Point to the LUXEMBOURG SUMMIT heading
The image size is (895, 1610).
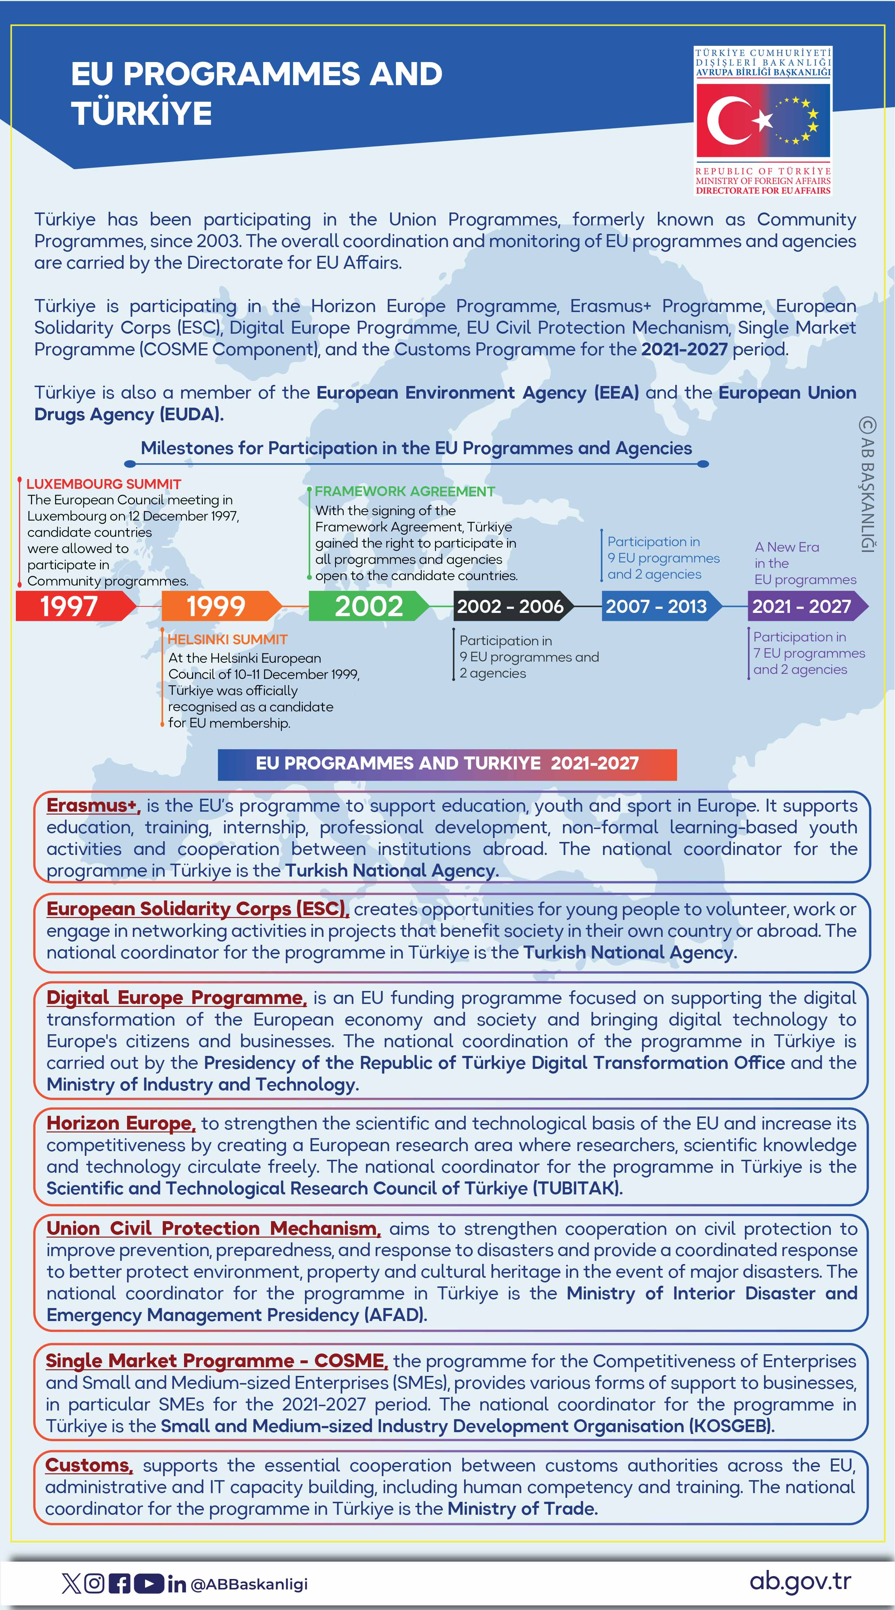click(104, 484)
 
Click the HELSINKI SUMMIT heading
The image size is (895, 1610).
click(228, 639)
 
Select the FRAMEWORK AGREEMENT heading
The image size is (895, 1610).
click(405, 491)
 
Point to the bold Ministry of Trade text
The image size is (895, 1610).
click(522, 1508)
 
